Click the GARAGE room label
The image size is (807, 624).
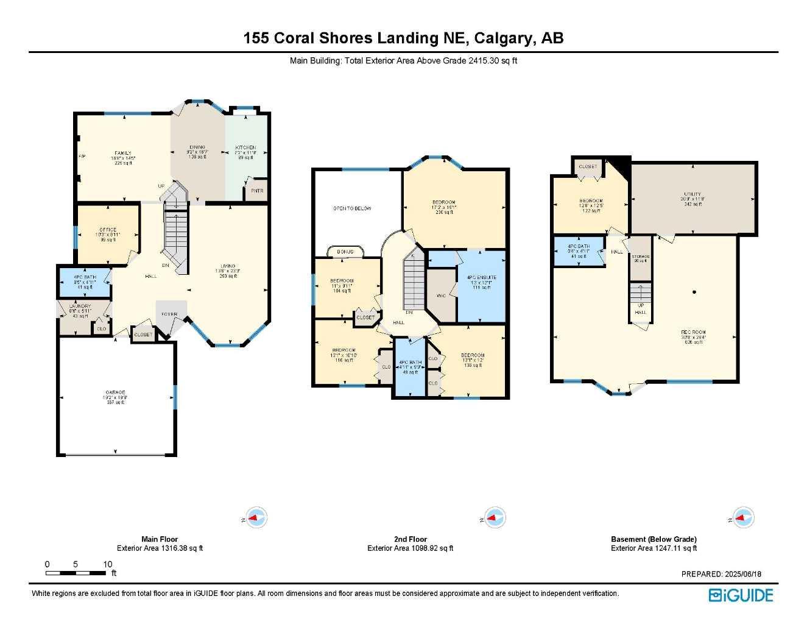pyautogui.click(x=115, y=392)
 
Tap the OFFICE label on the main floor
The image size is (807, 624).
pyautogui.click(x=108, y=230)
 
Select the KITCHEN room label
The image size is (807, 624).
pyautogui.click(x=245, y=147)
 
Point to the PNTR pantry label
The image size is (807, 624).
pyautogui.click(x=257, y=191)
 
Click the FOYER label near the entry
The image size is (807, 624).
pyautogui.click(x=169, y=314)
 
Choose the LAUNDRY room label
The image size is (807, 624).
pyautogui.click(x=80, y=306)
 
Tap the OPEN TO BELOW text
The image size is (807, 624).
pyautogui.click(x=352, y=208)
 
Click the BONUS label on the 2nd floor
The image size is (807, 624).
pyautogui.click(x=345, y=252)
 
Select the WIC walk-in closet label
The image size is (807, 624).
pyautogui.click(x=441, y=296)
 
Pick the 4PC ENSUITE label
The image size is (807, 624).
pyautogui.click(x=482, y=277)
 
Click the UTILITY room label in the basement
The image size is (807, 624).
pyautogui.click(x=692, y=194)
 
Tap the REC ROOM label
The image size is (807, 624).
pyautogui.click(x=693, y=333)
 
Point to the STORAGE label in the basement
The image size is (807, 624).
pyautogui.click(x=640, y=257)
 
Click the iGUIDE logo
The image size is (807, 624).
pyautogui.click(x=741, y=595)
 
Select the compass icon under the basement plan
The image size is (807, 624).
pyautogui.click(x=742, y=518)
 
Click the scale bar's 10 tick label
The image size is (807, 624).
pyautogui.click(x=108, y=564)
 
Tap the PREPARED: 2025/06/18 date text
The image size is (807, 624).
pyautogui.click(x=721, y=574)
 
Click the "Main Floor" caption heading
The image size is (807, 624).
pyautogui.click(x=160, y=539)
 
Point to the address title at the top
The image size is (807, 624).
pyautogui.click(x=403, y=38)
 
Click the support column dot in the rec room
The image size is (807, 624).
pyautogui.click(x=694, y=292)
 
